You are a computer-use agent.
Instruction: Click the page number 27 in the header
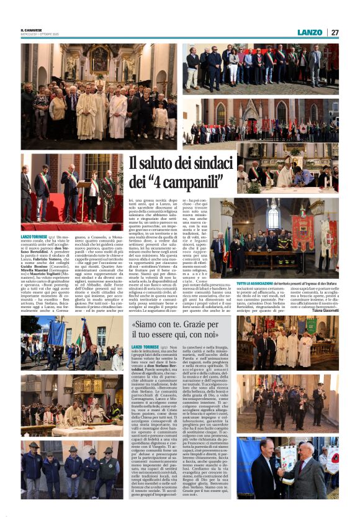(335, 32)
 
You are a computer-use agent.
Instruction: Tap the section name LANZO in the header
(310, 32)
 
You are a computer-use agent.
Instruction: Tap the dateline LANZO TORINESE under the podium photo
(34, 237)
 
